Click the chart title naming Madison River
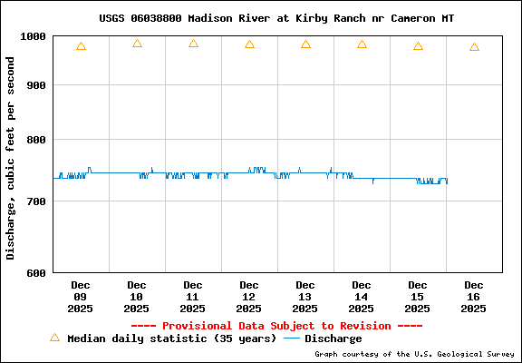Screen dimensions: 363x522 [x=276, y=18]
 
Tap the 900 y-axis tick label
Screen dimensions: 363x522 [x=37, y=85]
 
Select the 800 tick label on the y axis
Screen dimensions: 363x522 [x=37, y=140]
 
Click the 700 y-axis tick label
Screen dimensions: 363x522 [x=37, y=201]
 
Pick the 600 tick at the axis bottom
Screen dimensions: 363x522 [x=37, y=272]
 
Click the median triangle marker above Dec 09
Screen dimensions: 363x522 [x=81, y=46]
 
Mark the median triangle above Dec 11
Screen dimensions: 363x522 [x=193, y=44]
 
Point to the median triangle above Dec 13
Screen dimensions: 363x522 [x=305, y=44]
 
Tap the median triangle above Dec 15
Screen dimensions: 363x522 [x=418, y=46]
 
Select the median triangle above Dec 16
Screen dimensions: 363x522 [x=474, y=47]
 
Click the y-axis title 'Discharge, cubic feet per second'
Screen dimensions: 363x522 [x=11, y=157]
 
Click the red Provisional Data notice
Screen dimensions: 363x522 [x=276, y=326]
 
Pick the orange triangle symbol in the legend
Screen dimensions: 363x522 [x=54, y=338]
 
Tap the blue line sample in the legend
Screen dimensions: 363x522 [x=292, y=338]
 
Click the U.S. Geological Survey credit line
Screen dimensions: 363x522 [x=415, y=354]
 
